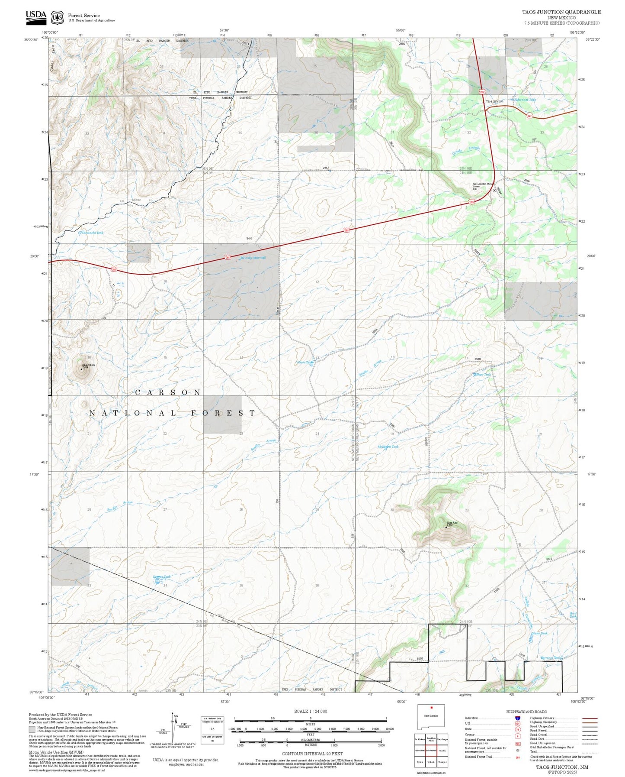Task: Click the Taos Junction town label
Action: coord(494,101)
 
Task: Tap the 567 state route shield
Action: coord(529,115)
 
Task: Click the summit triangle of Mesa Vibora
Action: coord(81,369)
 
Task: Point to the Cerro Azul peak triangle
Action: coord(446,527)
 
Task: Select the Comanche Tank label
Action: coord(93,233)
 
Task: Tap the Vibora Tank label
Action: coord(304,363)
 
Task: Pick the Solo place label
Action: coord(249,238)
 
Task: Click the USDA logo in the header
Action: coord(36,16)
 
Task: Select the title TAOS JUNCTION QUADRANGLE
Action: coord(561,12)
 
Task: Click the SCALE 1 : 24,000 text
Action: coord(310,711)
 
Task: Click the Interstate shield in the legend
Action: coord(517,718)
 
